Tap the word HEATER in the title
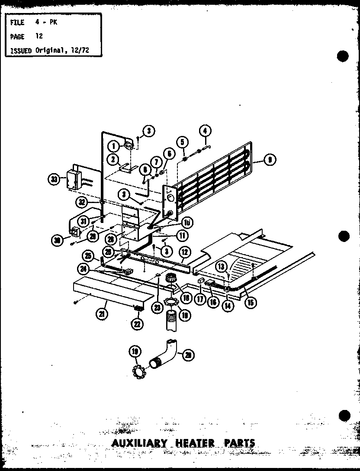[193, 443]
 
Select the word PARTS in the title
[239, 443]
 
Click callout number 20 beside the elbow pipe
[189, 355]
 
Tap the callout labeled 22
[139, 323]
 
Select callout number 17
[200, 299]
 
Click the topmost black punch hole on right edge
[343, 56]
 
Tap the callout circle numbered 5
[183, 142]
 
